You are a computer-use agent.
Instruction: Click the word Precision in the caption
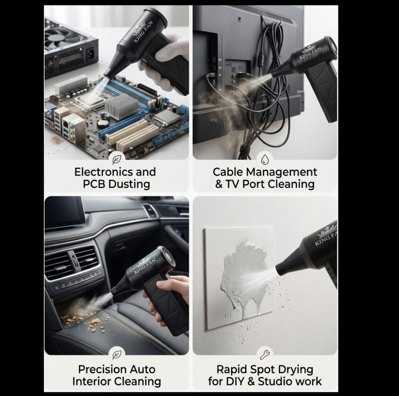click(102, 369)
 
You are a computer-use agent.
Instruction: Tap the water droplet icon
click(265, 160)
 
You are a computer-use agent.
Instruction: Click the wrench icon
click(265, 354)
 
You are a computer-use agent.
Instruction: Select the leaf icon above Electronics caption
click(117, 160)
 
